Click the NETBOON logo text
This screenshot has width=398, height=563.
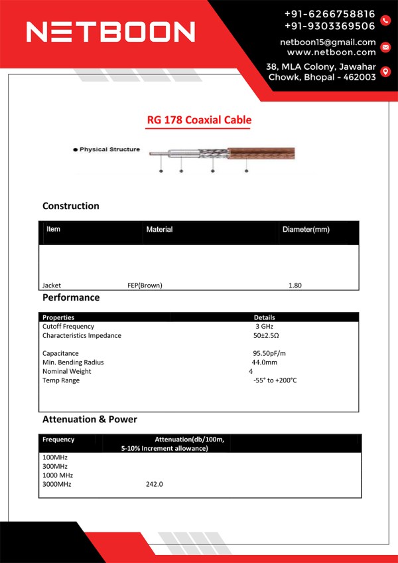(x=110, y=31)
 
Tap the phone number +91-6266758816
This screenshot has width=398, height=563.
(x=330, y=13)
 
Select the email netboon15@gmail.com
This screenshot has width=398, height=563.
(x=328, y=42)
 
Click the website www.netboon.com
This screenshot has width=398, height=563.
(x=331, y=52)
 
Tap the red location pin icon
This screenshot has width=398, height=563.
(x=385, y=72)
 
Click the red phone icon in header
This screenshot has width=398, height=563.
(x=386, y=20)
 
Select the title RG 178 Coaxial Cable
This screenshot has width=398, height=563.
(x=199, y=120)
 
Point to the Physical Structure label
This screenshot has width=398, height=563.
(x=109, y=149)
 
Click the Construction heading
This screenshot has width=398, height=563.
(x=71, y=206)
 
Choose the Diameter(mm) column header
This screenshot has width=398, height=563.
(x=306, y=230)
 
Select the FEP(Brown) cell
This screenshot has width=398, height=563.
(x=145, y=285)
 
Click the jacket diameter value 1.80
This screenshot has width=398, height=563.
(x=295, y=285)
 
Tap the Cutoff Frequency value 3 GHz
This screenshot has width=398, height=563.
(x=264, y=327)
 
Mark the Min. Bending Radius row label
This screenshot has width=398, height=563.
(x=73, y=362)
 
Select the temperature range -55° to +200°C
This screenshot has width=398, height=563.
(x=275, y=380)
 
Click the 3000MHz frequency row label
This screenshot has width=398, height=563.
(x=57, y=484)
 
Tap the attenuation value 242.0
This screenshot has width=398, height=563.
(x=155, y=484)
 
